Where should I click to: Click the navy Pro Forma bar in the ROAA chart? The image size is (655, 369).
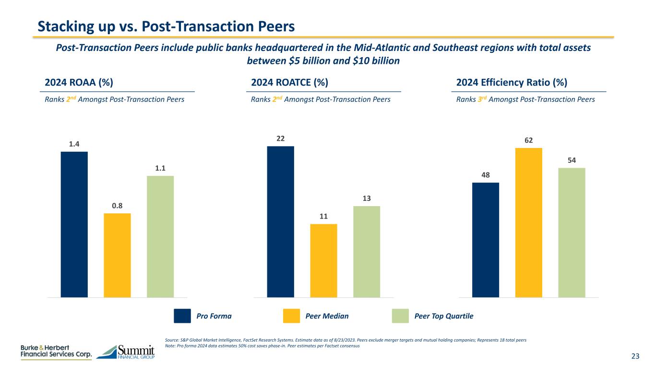[74, 224]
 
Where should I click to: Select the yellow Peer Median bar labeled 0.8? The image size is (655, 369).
[117, 255]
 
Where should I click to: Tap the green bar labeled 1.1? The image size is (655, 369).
[160, 236]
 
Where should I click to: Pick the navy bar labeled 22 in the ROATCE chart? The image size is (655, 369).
[280, 221]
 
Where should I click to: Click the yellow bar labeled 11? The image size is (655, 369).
[323, 260]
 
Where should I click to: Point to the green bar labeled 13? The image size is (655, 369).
[367, 252]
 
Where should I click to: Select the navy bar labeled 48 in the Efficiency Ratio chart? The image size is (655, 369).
[486, 240]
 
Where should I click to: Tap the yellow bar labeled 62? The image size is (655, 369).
[529, 222]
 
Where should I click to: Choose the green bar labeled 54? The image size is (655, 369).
[572, 233]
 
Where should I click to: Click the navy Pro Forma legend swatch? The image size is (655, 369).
[182, 316]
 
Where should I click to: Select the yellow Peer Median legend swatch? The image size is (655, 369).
[291, 316]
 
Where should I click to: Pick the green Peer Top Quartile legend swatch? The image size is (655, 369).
[401, 316]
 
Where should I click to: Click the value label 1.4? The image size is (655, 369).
[74, 144]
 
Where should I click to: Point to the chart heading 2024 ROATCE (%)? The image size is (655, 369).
[290, 82]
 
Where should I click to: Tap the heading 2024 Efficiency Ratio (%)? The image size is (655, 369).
[512, 82]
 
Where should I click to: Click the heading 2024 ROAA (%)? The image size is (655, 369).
[79, 82]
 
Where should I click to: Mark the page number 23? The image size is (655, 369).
[635, 356]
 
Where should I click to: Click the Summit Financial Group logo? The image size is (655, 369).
[126, 352]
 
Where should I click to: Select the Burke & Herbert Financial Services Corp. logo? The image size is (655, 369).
[56, 352]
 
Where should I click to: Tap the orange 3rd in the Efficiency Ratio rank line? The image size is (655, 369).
[480, 99]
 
